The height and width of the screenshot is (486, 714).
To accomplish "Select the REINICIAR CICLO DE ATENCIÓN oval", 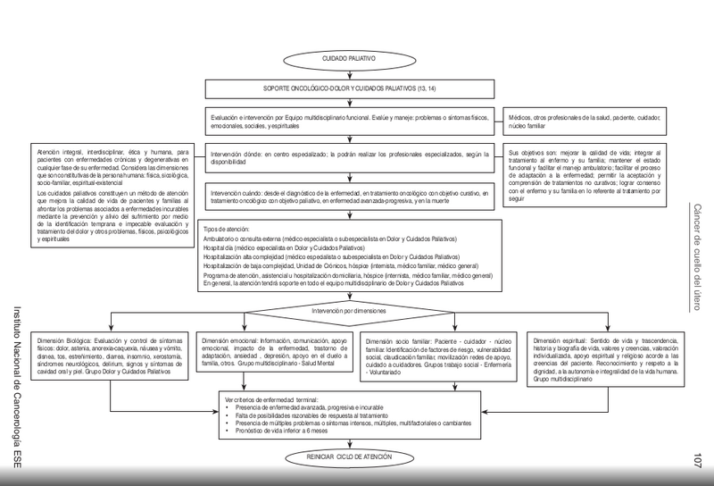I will pos(348,457).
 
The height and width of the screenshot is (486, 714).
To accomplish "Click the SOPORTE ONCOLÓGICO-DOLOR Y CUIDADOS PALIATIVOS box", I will pos(348,89).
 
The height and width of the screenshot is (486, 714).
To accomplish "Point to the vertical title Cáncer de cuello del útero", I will pos(698,256).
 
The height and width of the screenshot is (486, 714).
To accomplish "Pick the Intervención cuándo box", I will pos(348,197).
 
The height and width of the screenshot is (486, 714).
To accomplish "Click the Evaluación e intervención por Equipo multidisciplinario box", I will pos(348,121).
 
